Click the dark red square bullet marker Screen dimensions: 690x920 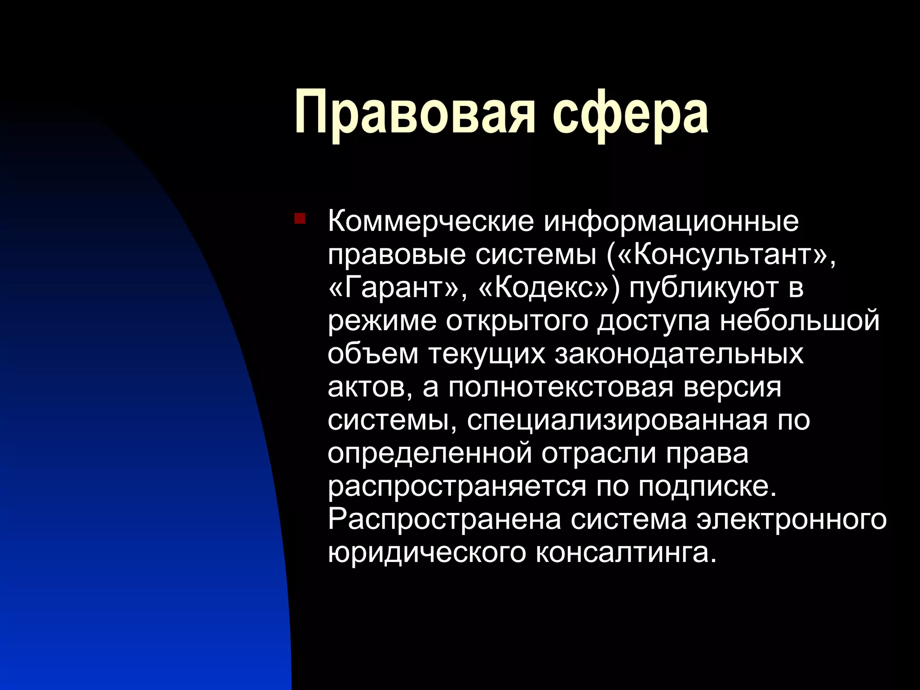point(300,219)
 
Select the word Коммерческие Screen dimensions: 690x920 point(431,221)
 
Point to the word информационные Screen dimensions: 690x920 point(672,221)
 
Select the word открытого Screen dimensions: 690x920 point(517,321)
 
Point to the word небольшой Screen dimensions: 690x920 point(800,321)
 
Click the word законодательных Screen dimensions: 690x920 point(679,354)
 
